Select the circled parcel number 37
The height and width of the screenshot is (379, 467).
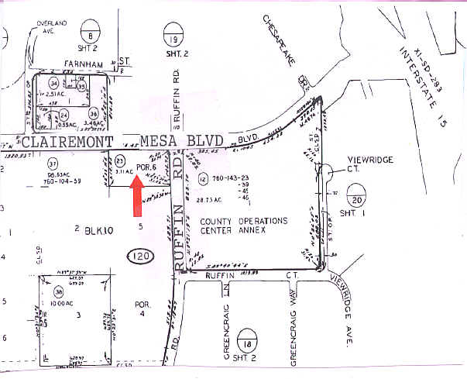pos(53,164)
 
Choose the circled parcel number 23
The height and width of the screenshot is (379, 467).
pos(120,160)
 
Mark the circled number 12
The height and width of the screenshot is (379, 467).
pos(203,179)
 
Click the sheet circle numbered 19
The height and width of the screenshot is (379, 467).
pos(173,35)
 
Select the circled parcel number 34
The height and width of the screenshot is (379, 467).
pos(54,84)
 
